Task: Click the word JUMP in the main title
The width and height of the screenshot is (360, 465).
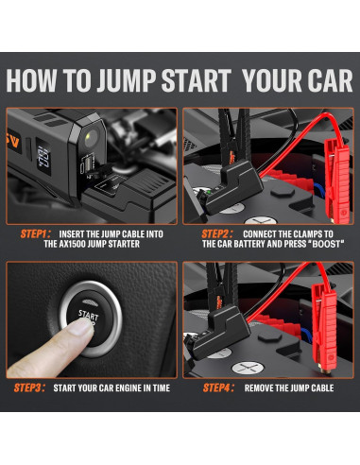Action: point(126,80)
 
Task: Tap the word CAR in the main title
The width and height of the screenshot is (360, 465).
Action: point(326,80)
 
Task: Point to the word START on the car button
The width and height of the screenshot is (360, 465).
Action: point(88,315)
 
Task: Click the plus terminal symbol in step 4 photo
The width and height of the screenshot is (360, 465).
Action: point(248,368)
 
